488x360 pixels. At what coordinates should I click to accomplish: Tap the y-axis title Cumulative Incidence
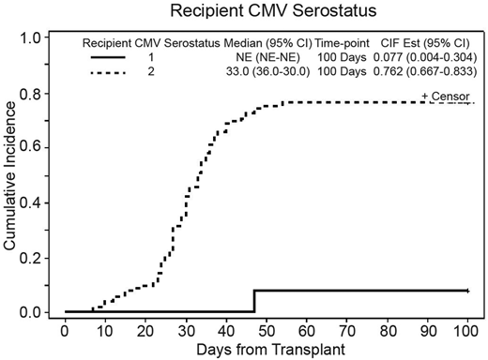13,177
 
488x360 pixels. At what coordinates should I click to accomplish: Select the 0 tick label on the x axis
65,329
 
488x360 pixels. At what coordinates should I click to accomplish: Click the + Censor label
445,97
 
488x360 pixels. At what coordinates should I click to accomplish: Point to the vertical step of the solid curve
254,301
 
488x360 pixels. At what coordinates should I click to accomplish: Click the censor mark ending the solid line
467,292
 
